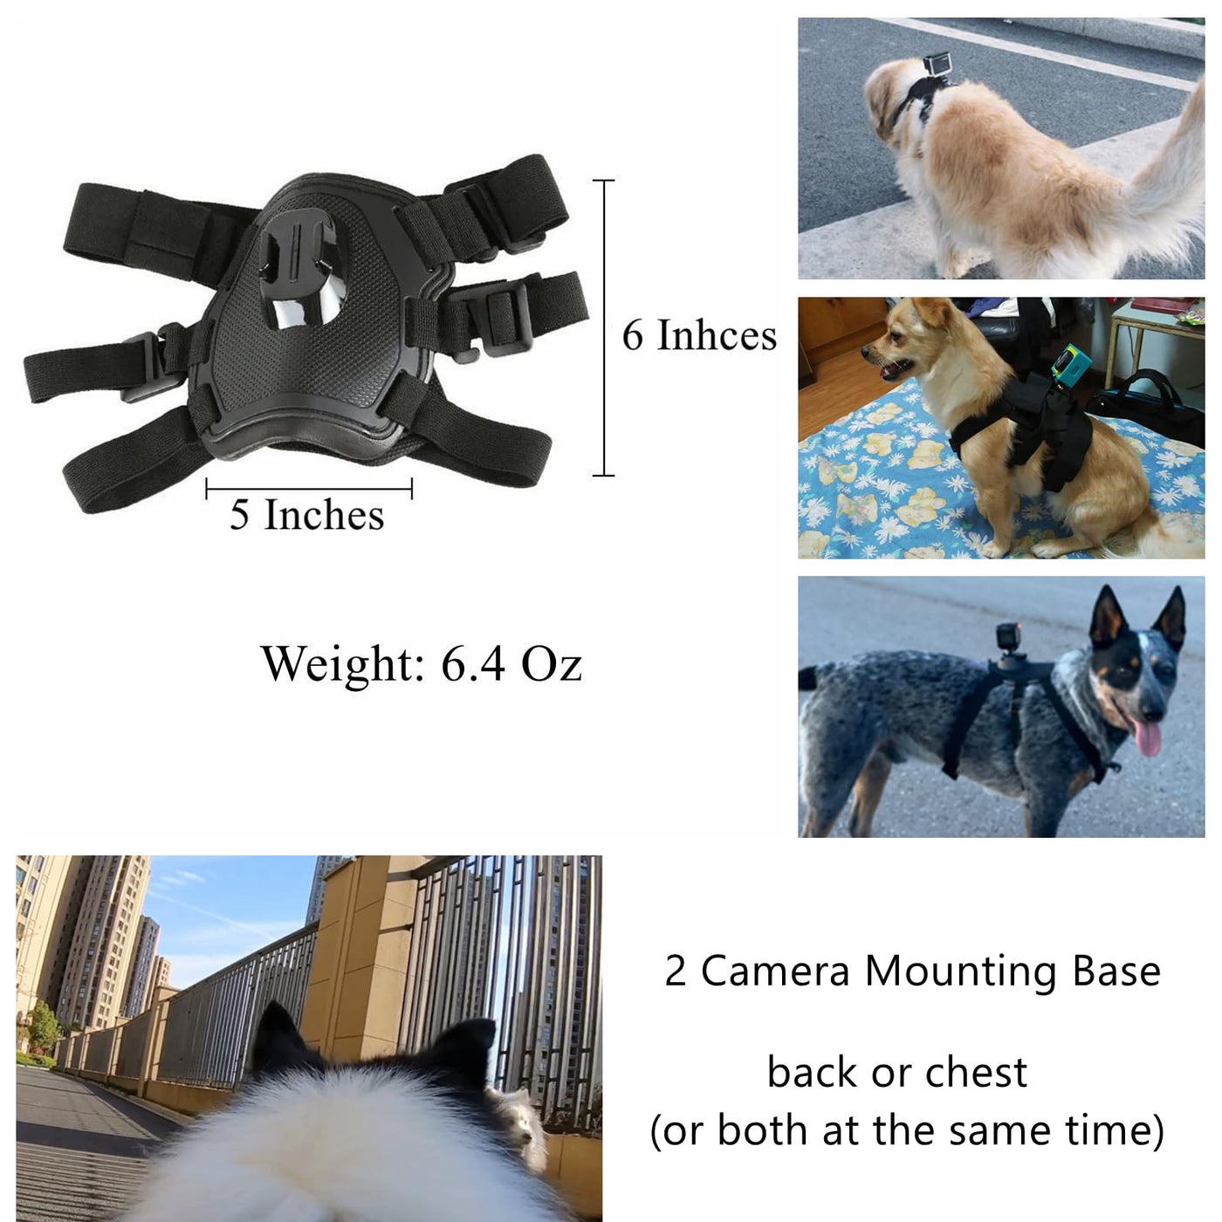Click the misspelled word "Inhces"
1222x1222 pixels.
(717, 335)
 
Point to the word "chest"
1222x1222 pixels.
(977, 1073)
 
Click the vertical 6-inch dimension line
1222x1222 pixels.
(604, 327)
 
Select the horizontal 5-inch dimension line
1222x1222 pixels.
(309, 488)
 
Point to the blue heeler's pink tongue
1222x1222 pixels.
(1147, 738)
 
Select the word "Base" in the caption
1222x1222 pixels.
(1116, 971)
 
